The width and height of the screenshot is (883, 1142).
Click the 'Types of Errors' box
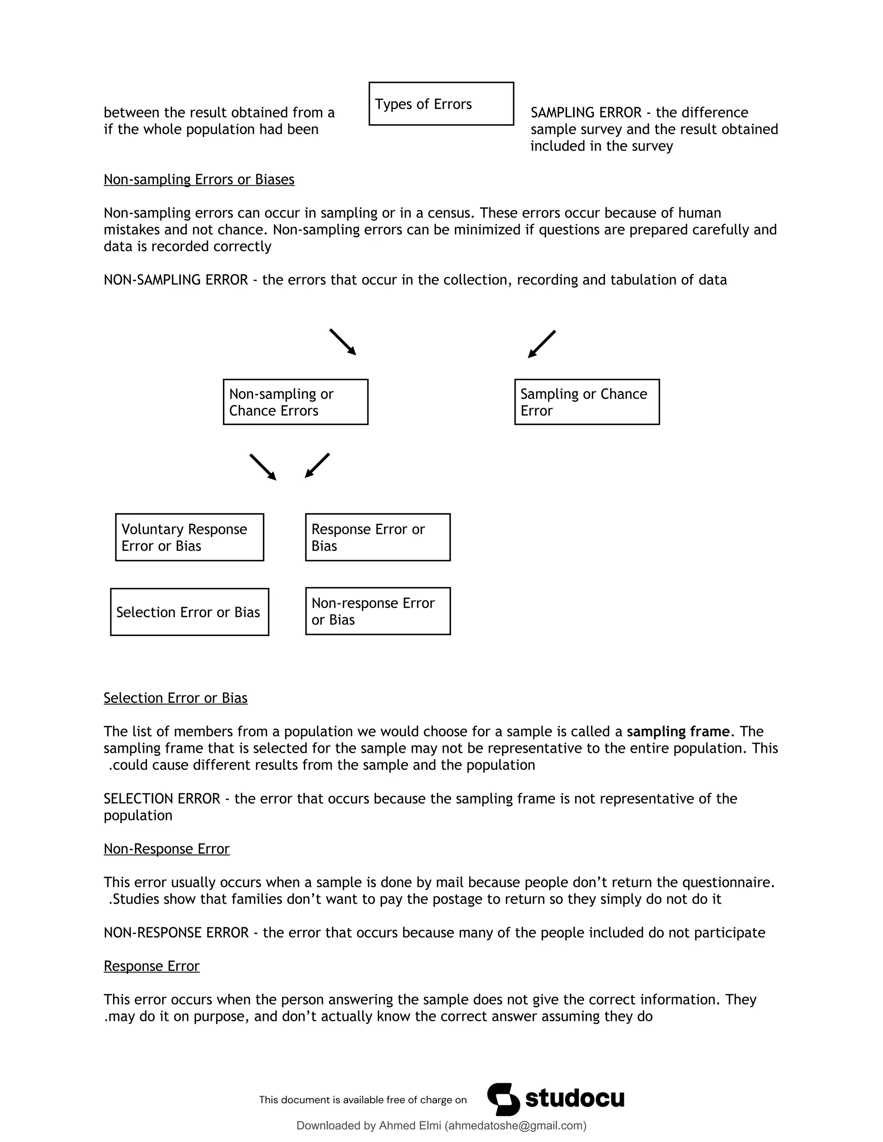(441, 103)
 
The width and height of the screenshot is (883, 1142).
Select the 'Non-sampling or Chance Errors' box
(295, 402)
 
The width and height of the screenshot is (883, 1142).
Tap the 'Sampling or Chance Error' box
(586, 402)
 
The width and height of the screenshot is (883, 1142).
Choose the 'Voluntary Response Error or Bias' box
(189, 537)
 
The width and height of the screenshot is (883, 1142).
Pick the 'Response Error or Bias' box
(377, 537)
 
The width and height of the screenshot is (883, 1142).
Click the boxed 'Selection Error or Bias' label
(189, 612)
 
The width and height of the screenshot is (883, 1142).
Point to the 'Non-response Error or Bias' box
(377, 611)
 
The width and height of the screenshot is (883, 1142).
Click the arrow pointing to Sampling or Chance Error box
(542, 344)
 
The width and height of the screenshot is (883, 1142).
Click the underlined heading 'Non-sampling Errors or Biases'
(199, 179)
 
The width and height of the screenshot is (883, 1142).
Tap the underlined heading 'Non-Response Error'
(166, 849)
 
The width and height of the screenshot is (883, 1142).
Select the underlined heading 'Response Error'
(151, 966)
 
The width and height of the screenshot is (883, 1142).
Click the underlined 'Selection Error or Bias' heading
(175, 698)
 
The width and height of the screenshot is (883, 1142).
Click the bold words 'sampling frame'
(677, 732)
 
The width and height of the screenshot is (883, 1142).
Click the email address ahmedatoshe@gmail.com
(515, 1126)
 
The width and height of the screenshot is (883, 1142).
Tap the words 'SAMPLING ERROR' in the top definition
(586, 112)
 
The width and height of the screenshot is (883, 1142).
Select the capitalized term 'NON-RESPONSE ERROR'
(176, 932)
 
